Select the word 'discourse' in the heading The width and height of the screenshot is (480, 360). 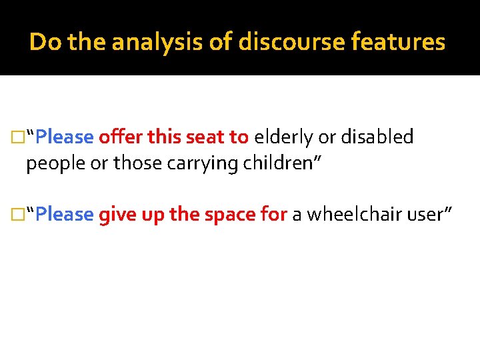coord(270,43)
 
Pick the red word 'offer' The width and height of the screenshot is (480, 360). coord(121,137)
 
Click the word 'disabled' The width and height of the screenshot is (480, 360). coord(377,137)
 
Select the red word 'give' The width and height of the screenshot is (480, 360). coord(115,215)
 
